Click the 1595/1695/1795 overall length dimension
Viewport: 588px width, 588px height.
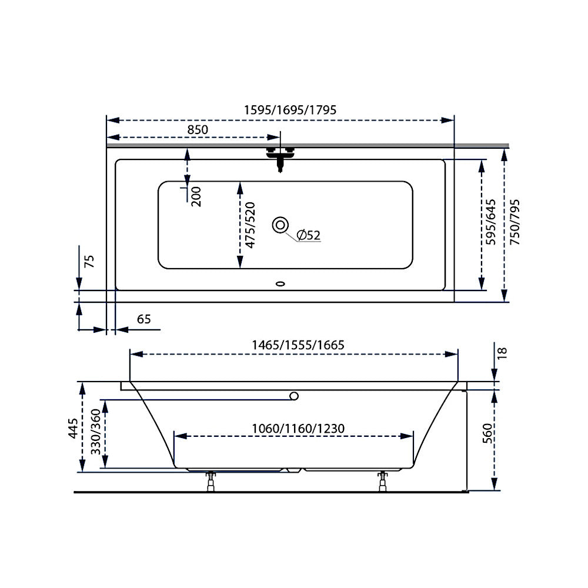click(x=290, y=110)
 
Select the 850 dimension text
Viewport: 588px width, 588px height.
click(x=198, y=130)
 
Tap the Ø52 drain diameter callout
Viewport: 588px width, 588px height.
click(x=308, y=235)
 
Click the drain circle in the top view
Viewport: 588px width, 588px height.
click(x=280, y=225)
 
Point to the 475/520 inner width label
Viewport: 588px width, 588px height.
click(x=250, y=225)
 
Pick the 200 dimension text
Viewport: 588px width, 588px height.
click(x=196, y=196)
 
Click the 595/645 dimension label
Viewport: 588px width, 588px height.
click(x=490, y=222)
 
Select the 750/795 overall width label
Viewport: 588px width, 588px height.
click(x=515, y=222)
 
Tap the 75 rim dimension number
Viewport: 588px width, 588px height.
click(x=89, y=261)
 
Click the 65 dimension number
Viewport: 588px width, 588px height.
click(x=144, y=319)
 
